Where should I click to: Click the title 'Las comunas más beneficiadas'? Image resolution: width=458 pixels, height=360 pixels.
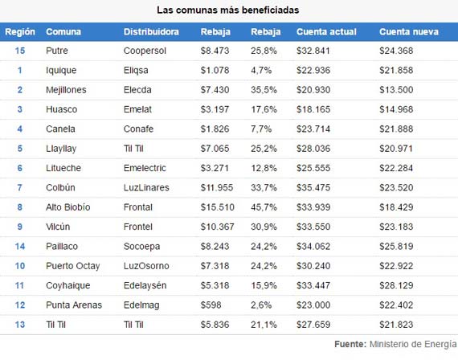[x=228, y=10]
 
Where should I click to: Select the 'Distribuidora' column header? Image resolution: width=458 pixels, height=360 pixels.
[x=151, y=31]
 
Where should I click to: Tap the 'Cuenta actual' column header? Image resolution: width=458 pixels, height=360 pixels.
[x=326, y=31]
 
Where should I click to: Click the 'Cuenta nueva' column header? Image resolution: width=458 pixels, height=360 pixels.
[x=409, y=31]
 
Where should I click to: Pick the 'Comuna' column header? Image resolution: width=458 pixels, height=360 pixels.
[x=63, y=31]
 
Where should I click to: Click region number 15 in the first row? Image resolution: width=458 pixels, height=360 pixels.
[x=20, y=51]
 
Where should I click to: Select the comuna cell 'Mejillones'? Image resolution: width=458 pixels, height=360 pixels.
[x=66, y=90]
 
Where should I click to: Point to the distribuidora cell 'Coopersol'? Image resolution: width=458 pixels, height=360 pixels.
[x=145, y=51]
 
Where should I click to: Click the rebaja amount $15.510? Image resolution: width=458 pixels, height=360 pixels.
[x=217, y=207]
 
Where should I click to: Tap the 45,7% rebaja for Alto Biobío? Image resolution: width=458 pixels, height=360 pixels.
[x=264, y=207]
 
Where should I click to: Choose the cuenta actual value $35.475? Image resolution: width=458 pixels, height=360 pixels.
[x=313, y=187]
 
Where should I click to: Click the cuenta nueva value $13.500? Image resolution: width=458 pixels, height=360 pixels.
[x=396, y=90]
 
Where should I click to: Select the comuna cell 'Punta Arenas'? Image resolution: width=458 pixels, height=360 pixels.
[x=74, y=305]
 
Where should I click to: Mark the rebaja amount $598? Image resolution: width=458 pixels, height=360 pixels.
[x=211, y=305]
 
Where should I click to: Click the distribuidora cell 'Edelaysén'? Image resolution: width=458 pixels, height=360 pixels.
[x=145, y=285]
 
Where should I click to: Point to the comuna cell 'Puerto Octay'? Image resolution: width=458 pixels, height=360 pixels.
[x=73, y=266]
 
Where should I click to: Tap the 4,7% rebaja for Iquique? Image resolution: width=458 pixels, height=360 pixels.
[x=261, y=71]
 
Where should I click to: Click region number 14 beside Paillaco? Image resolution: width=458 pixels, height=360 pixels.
[x=20, y=247]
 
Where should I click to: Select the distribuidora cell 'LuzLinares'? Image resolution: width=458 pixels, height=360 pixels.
[x=146, y=187]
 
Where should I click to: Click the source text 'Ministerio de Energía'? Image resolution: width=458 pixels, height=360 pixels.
[x=413, y=344]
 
